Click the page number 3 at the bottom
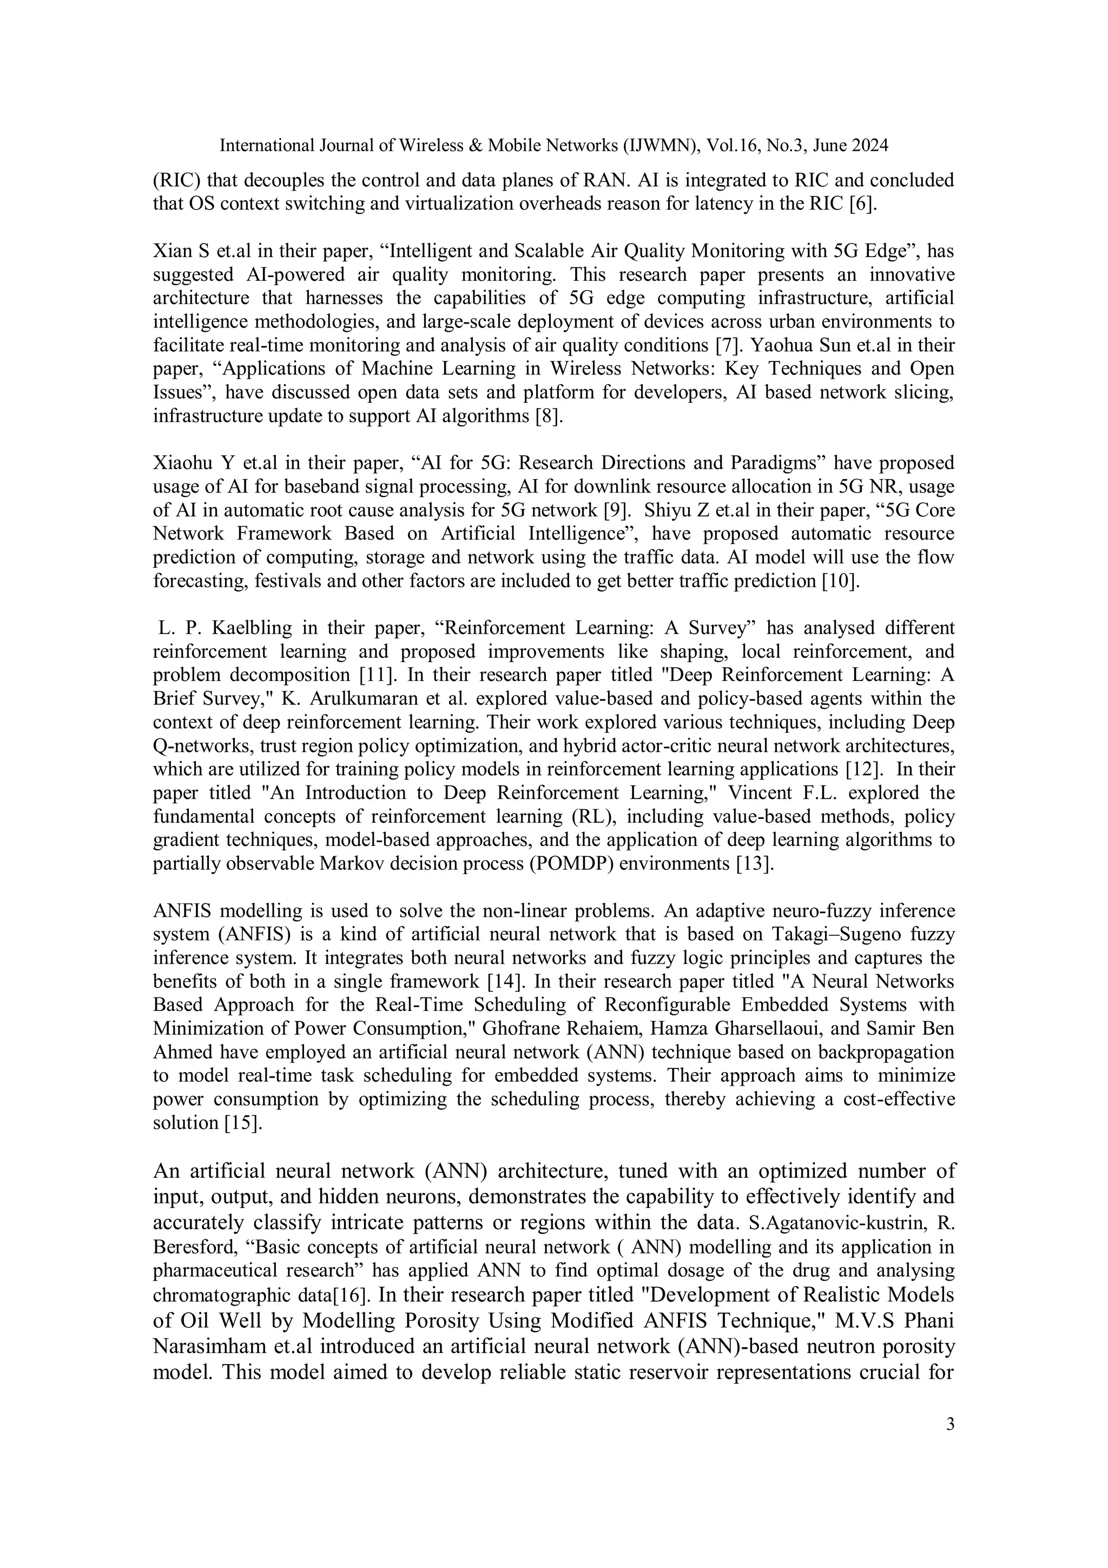click(x=949, y=1425)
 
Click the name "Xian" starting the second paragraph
click(x=173, y=251)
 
